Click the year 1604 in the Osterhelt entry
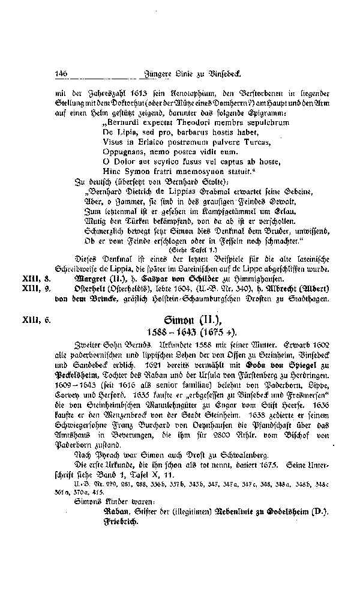pyautogui.click(x=176, y=290)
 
